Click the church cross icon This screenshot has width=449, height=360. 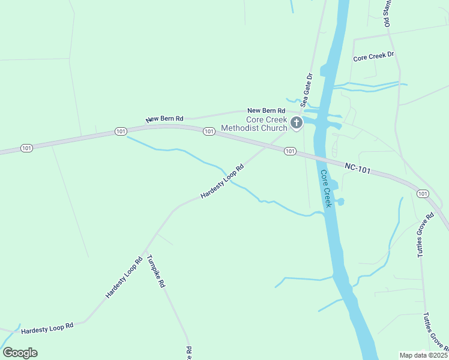[x=296, y=124]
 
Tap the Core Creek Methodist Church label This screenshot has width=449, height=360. [x=254, y=124]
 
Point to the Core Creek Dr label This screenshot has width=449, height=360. [x=373, y=57]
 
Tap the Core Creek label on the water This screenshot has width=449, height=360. [x=326, y=189]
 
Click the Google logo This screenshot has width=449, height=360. [x=20, y=352]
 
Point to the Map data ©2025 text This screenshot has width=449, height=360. [x=423, y=355]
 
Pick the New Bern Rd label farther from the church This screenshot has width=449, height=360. [x=164, y=119]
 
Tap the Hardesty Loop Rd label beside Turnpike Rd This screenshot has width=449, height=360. [x=124, y=278]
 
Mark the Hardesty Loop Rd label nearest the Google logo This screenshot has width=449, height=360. [x=47, y=329]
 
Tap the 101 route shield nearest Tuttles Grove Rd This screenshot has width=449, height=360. [x=423, y=193]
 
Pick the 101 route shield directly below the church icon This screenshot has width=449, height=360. [x=290, y=151]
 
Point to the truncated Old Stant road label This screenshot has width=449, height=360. [x=387, y=13]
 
